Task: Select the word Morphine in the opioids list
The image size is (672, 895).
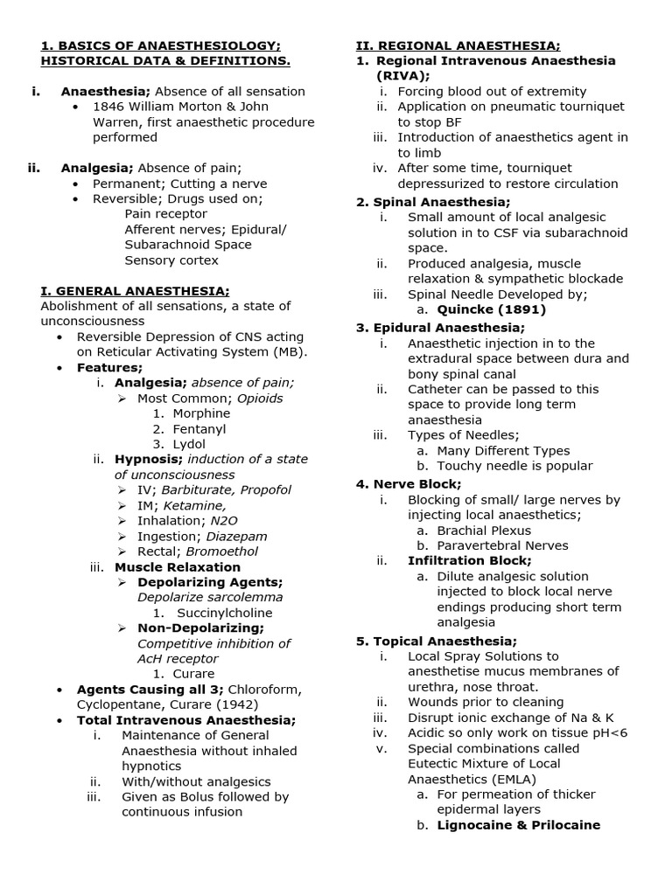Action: point(201,413)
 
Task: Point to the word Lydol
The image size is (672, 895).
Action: point(190,444)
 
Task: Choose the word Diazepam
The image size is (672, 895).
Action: point(238,536)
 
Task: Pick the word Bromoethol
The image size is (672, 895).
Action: point(222,552)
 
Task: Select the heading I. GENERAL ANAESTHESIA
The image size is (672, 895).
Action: point(136,291)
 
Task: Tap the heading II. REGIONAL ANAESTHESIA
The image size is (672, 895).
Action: point(458,45)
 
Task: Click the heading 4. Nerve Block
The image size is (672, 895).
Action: point(409,483)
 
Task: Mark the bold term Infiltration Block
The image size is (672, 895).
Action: point(469,560)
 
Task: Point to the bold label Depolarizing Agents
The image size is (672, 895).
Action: point(210,582)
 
